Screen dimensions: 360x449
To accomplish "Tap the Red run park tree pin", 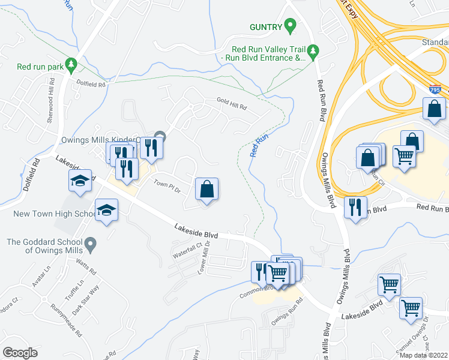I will (x=71, y=62).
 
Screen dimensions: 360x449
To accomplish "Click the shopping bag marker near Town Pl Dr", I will (x=206, y=189).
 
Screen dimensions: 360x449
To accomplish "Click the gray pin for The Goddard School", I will (x=90, y=243).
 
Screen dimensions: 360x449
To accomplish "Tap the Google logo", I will (x=20, y=353).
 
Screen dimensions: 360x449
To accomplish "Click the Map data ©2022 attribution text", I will (x=423, y=355).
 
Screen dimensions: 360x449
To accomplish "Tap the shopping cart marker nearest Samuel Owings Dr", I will (x=411, y=308).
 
